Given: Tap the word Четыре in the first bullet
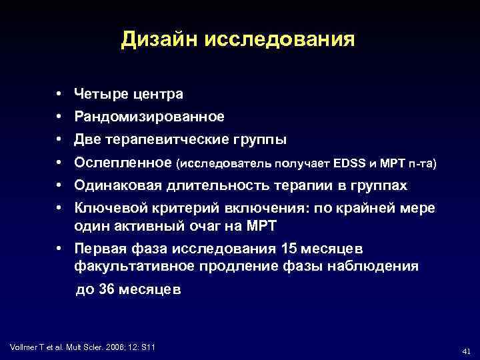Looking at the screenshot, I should [97, 94].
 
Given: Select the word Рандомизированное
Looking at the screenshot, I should [149, 117].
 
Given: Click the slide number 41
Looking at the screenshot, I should [466, 350].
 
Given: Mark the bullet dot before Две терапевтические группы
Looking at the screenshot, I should [59, 139].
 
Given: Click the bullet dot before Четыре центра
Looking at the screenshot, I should [59, 94].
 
